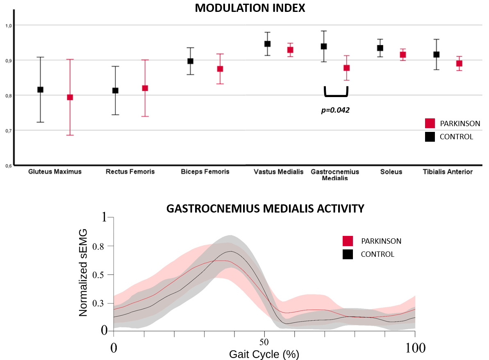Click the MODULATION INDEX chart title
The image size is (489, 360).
250,8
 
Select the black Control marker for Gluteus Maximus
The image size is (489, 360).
40,89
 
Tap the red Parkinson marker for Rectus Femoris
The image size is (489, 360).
144,88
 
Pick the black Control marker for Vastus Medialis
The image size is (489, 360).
267,44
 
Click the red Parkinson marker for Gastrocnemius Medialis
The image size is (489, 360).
346,68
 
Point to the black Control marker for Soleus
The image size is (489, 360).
380,48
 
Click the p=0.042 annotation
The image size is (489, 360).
335,110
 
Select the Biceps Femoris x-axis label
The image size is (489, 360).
205,172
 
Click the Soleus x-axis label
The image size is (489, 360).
391,172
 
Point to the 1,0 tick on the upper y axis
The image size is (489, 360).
8,25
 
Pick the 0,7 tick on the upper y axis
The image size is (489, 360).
8,131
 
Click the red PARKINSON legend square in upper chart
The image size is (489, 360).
430,123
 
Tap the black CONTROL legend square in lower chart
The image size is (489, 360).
348,254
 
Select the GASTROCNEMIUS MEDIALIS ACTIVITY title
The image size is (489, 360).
265,208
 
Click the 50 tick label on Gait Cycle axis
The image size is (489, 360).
264,341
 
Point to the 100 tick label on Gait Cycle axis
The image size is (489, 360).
415,349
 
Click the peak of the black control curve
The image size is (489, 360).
231,251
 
